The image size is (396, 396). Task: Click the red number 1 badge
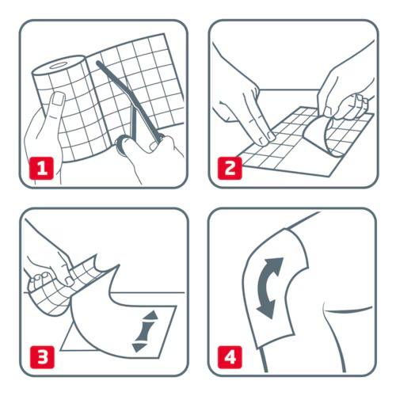pyautogui.click(x=41, y=169)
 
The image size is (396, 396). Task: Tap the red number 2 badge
pyautogui.click(x=230, y=169)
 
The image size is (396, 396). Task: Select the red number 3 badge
pyautogui.click(x=42, y=357)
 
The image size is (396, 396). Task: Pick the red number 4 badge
pyautogui.click(x=230, y=357)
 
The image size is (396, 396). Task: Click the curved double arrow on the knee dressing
pyautogui.click(x=266, y=287)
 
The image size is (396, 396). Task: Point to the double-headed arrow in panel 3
pyautogui.click(x=145, y=331)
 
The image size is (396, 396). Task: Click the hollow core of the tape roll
pyautogui.click(x=59, y=66)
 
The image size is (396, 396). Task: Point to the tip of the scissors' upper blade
pyautogui.click(x=98, y=63)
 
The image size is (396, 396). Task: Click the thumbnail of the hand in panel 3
pyautogui.click(x=69, y=280)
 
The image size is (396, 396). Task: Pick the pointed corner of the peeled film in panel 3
pyautogui.click(x=117, y=265)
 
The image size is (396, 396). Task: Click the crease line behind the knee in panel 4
pyautogui.click(x=348, y=310)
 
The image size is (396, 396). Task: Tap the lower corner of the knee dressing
pyautogui.click(x=258, y=346)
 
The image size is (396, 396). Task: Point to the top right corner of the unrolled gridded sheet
pyautogui.click(x=165, y=33)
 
